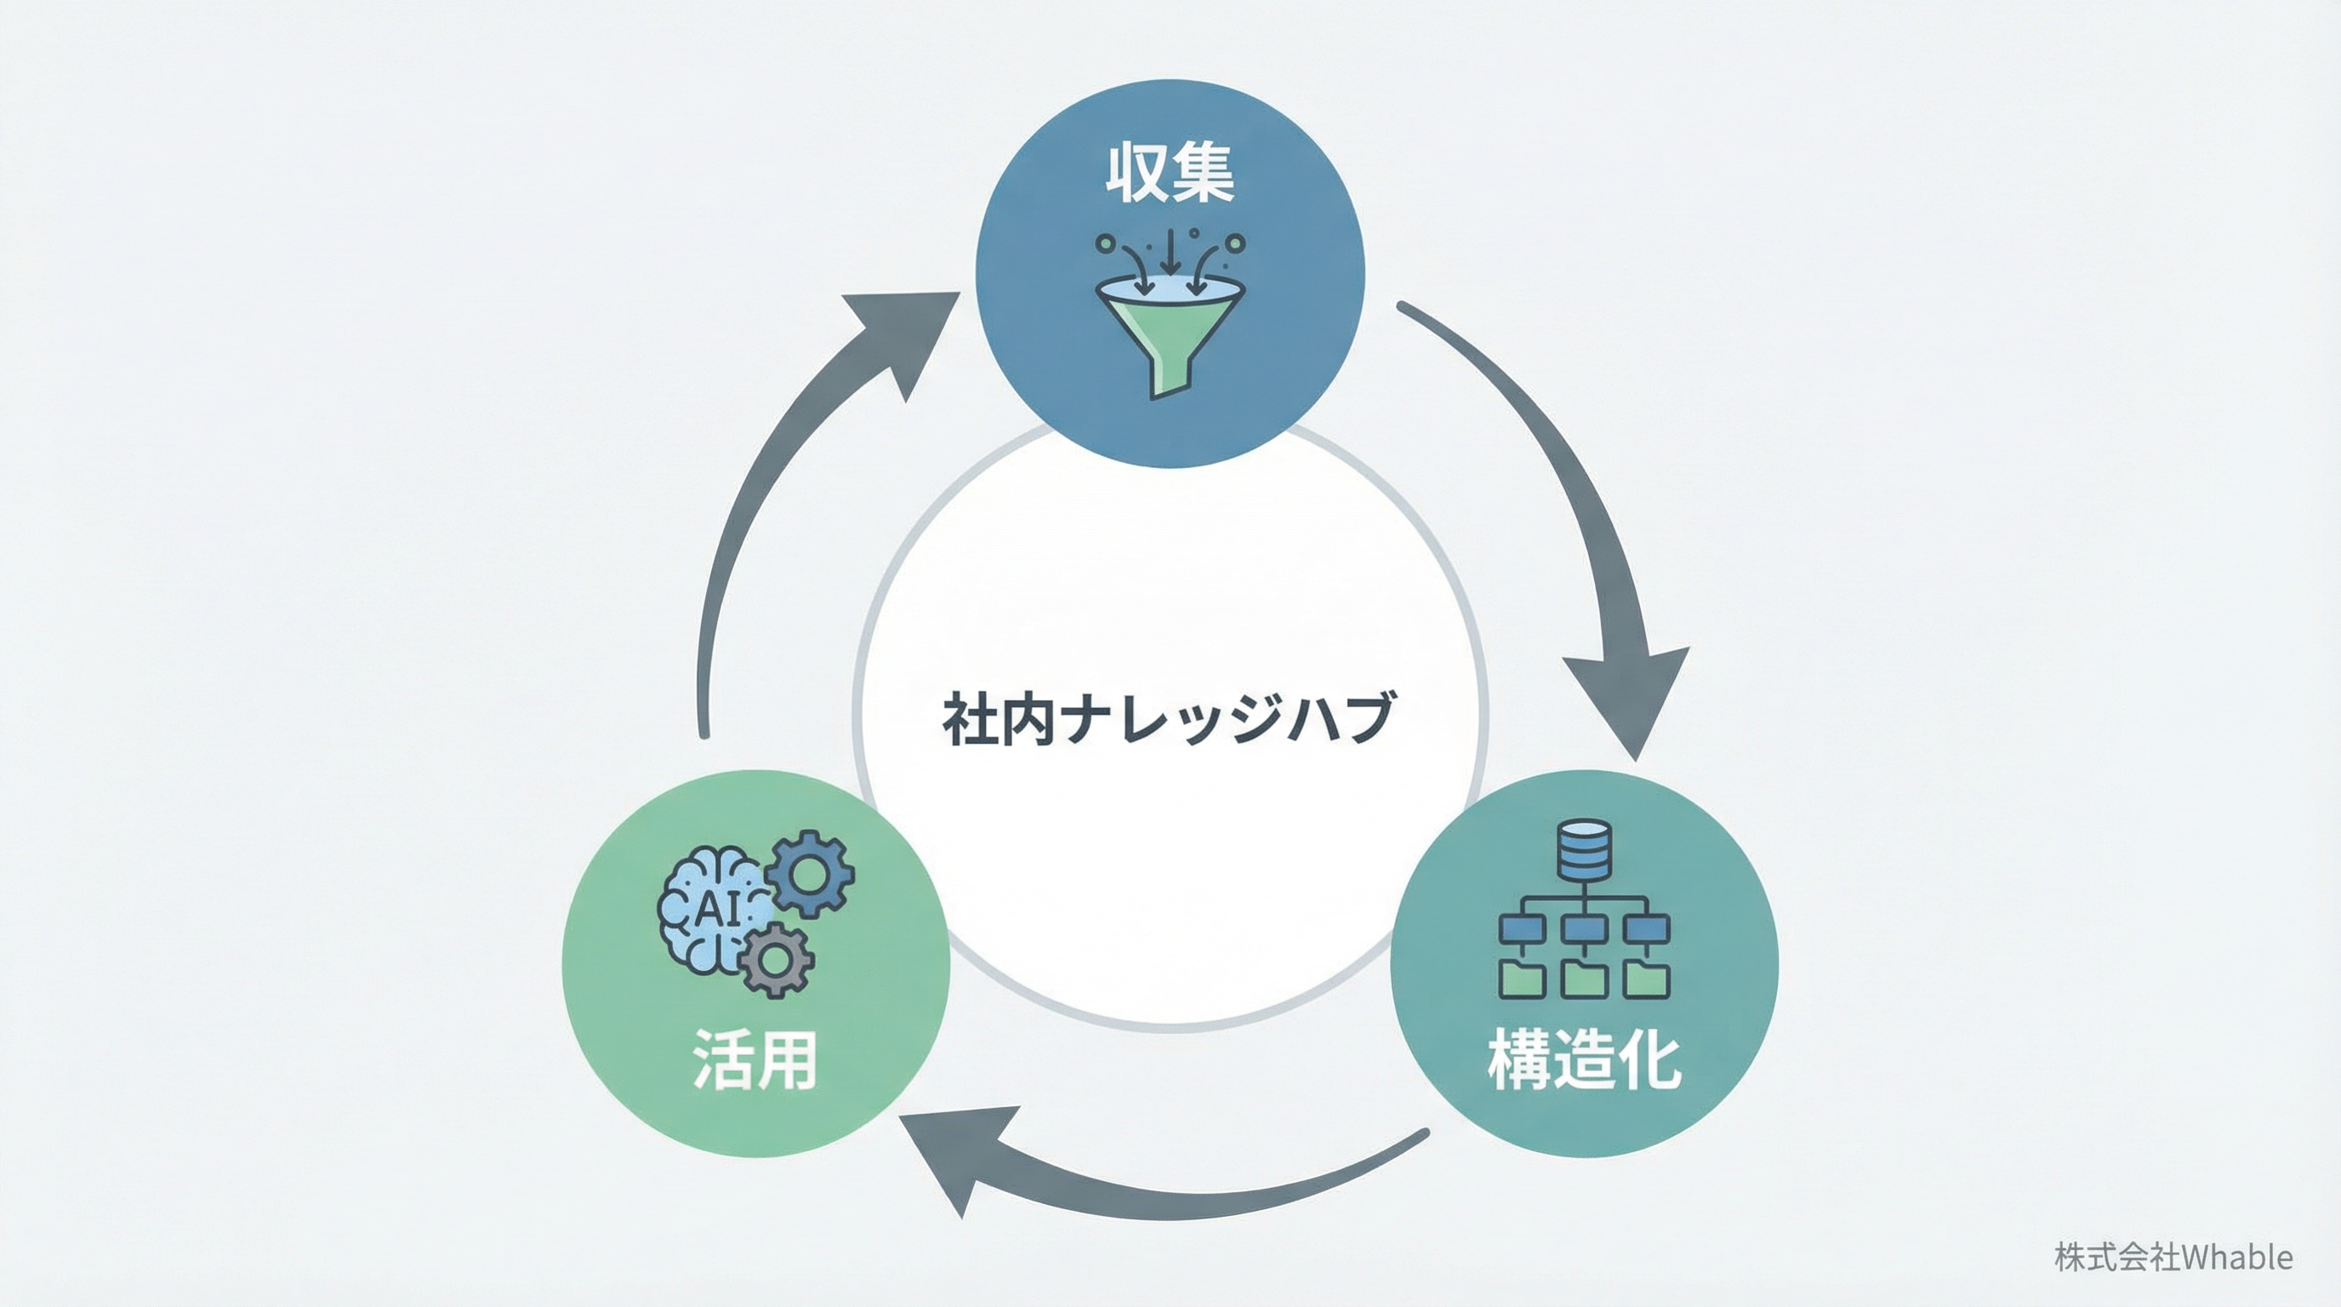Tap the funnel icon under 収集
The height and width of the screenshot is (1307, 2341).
1170,328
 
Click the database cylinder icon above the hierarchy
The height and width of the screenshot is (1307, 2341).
1583,850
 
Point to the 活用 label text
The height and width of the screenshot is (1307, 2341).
755,1059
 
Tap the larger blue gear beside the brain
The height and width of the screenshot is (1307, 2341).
809,873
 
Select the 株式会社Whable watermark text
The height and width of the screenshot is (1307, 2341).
2172,1257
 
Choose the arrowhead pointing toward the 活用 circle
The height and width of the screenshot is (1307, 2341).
954,1155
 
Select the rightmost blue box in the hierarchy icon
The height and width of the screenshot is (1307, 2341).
1646,929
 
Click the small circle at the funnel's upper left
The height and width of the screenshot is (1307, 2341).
1105,243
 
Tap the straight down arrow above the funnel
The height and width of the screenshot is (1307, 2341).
1170,250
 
